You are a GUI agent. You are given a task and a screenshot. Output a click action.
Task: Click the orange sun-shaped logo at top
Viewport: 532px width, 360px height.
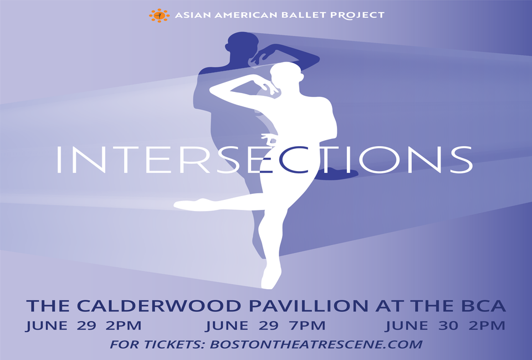(159, 16)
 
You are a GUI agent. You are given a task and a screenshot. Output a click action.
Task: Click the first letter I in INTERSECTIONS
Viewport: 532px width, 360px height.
(59, 160)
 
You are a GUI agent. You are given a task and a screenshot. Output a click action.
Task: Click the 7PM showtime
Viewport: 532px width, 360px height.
(308, 326)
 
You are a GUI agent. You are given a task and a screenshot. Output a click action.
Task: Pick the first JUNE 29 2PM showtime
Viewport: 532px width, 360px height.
(84, 326)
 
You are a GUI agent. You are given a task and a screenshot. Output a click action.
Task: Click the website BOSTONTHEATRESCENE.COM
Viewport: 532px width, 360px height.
(316, 344)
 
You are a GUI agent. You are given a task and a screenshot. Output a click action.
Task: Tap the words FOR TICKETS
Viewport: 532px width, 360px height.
(157, 344)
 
